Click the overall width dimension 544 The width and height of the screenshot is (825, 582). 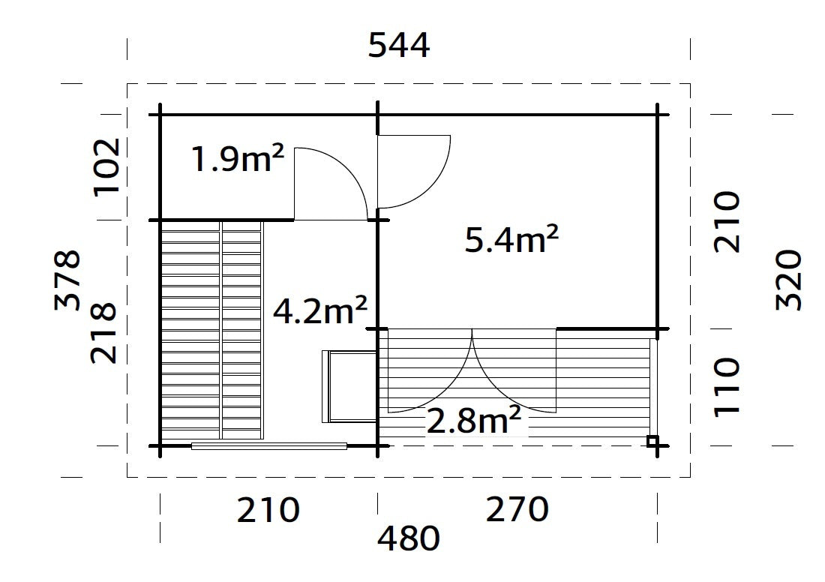399,46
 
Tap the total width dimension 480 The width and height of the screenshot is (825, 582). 408,538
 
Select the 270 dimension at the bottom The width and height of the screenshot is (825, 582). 517,511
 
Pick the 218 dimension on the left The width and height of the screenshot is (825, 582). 103,333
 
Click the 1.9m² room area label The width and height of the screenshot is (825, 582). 238,159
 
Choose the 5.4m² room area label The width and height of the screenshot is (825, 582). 511,240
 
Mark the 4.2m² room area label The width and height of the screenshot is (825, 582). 319,310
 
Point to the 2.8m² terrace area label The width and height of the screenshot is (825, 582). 473,421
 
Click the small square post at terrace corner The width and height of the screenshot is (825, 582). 653,441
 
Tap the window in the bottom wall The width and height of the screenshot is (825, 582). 268,446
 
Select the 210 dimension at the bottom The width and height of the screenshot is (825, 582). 268,511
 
